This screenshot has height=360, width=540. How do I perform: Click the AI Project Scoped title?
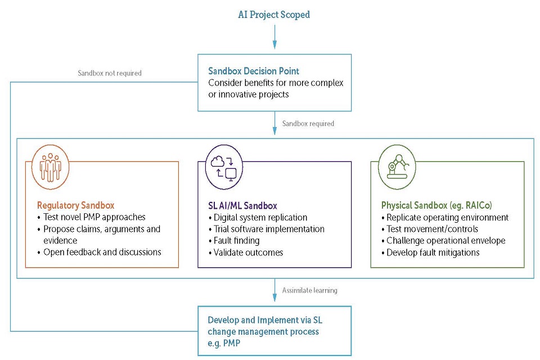point(274,15)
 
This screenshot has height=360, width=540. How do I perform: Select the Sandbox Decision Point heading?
point(253,71)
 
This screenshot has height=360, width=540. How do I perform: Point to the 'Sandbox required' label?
point(308,124)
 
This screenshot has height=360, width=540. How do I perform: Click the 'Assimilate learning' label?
point(309,290)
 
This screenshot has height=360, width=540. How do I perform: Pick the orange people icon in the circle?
point(51,166)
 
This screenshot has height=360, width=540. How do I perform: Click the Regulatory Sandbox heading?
point(75,205)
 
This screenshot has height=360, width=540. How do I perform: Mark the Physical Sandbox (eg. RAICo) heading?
point(433,205)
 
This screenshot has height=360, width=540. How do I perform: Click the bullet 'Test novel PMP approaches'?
point(94,217)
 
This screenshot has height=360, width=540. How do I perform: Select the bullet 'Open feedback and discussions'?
point(102,252)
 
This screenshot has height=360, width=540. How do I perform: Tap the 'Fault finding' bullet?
point(236,241)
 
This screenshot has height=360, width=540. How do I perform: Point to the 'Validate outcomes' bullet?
point(248,253)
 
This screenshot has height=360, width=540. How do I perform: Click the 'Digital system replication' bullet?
point(260,217)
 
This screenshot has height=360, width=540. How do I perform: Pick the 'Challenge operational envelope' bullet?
point(445,241)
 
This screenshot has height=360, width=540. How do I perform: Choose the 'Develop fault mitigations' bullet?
point(433,253)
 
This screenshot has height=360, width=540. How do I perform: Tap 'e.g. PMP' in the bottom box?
point(224,343)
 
